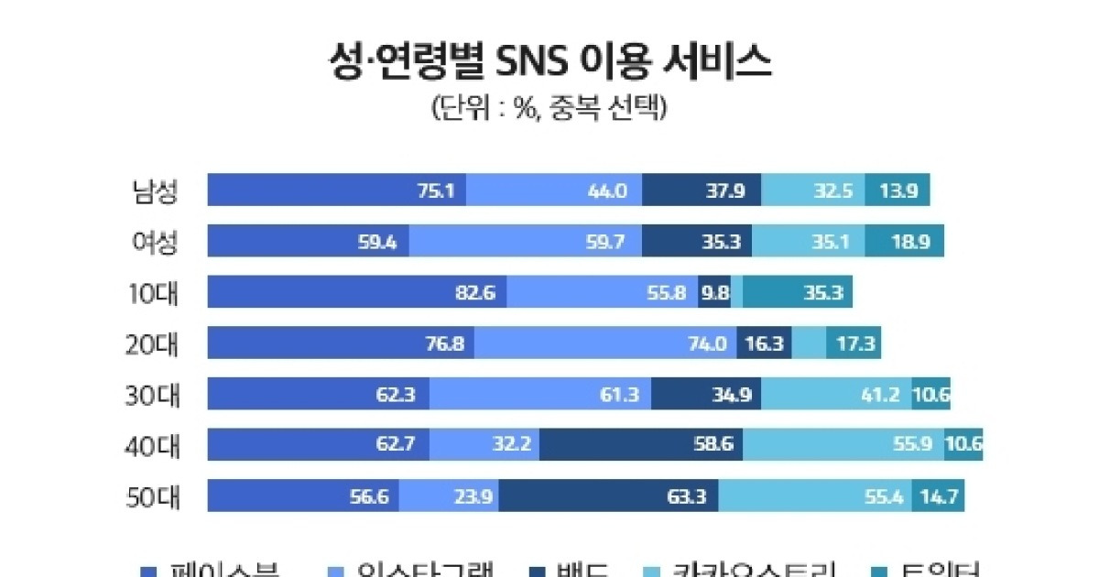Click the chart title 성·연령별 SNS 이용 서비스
(549, 64)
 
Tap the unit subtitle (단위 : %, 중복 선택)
(549, 108)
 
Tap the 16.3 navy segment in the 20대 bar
(763, 344)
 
